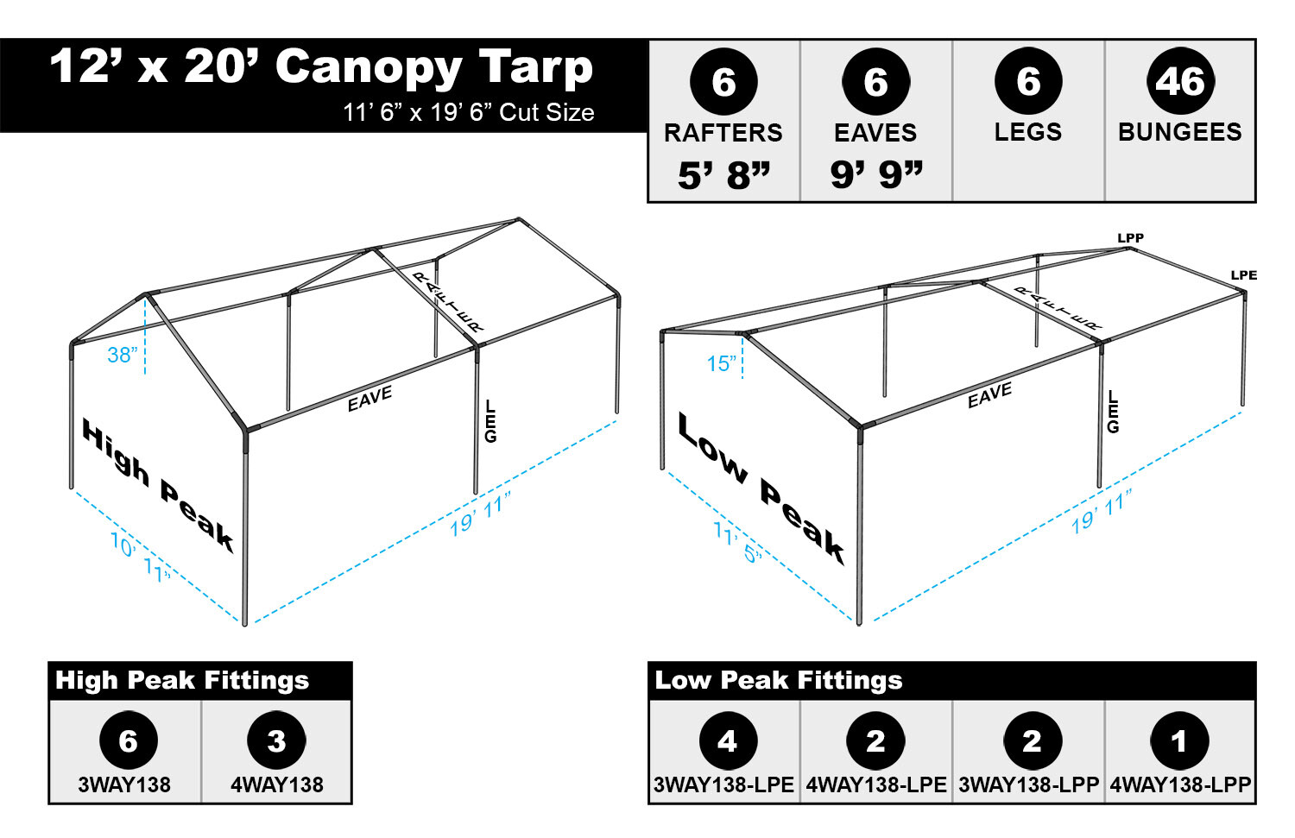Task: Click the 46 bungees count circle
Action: [1179, 82]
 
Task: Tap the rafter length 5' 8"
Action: [723, 175]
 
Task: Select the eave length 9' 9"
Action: [875, 175]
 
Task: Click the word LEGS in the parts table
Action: [1027, 132]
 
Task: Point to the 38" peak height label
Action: [122, 355]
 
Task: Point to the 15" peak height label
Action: [722, 364]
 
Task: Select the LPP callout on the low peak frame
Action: [1130, 238]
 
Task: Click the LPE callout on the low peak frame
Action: [1243, 275]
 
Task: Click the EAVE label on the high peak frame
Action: [370, 399]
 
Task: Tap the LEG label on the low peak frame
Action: [1113, 412]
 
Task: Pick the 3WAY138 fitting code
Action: [124, 784]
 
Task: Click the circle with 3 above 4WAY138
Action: [276, 740]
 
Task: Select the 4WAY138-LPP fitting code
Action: [1179, 784]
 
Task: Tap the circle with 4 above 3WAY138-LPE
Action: [727, 740]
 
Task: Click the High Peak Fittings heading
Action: [182, 680]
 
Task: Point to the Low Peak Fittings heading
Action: [778, 680]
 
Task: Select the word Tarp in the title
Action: [535, 67]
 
